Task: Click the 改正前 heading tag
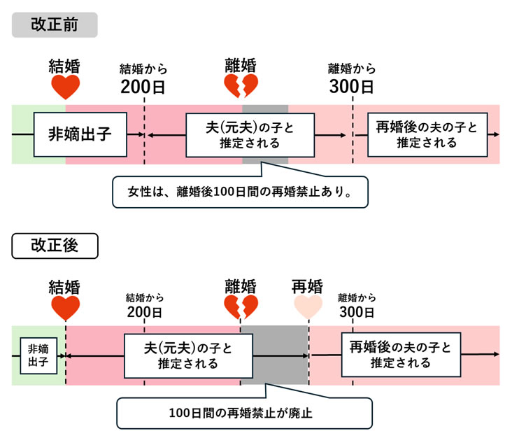55,24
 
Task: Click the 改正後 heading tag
55,246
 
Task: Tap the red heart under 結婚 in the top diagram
65,87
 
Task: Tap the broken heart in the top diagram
240,87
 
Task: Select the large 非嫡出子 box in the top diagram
80,134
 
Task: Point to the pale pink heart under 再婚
307,306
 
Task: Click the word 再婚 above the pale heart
307,287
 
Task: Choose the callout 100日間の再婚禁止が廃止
244,413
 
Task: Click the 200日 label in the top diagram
143,87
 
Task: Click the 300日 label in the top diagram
352,87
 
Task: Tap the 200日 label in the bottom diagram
144,311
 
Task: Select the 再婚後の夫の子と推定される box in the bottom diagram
401,355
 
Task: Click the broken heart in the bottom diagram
240,307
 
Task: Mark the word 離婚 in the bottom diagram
240,287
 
